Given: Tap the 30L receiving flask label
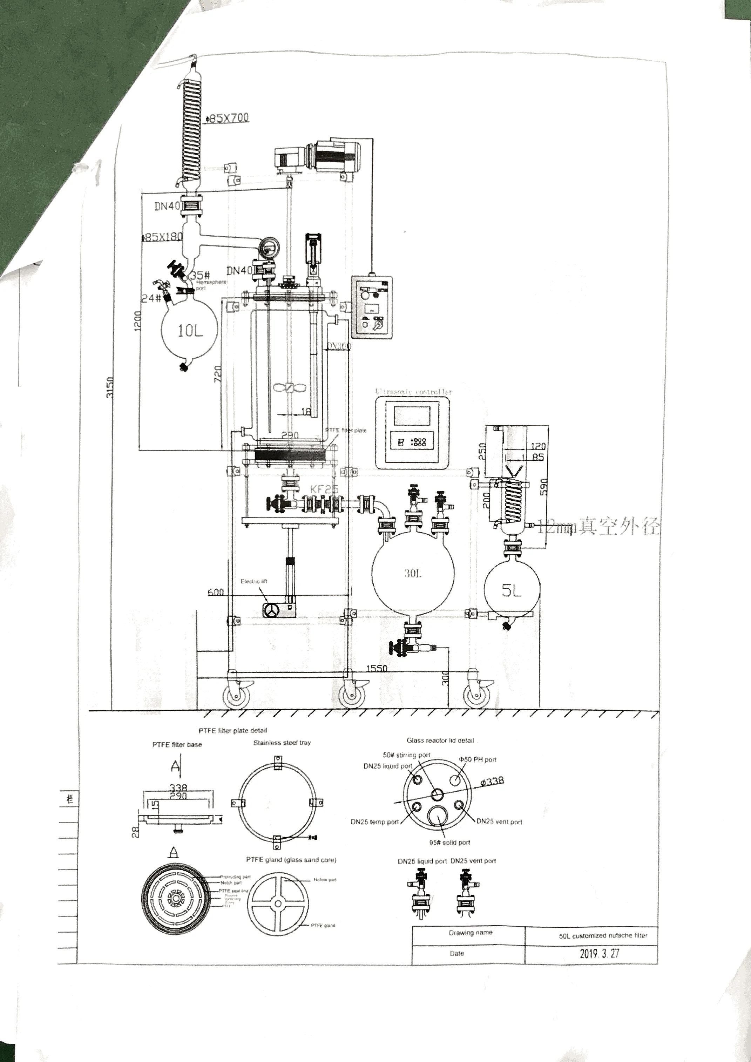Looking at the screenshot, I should (413, 574).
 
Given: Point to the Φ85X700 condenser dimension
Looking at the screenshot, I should (228, 118).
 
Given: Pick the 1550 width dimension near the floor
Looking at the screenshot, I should (377, 668).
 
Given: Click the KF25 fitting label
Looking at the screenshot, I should (324, 489).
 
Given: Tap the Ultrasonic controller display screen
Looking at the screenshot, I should (412, 416).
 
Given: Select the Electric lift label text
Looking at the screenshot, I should (254, 581).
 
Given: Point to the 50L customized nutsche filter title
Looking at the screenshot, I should (603, 935).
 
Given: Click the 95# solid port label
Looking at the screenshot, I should (449, 842).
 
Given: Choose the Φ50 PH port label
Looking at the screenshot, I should (478, 759).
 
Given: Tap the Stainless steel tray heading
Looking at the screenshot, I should (282, 743).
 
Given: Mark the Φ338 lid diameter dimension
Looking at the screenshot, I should (492, 782).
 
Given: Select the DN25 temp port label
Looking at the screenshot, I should (374, 822).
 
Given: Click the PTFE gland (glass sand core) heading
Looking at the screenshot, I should (291, 860).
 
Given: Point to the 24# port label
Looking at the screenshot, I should (151, 298).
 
